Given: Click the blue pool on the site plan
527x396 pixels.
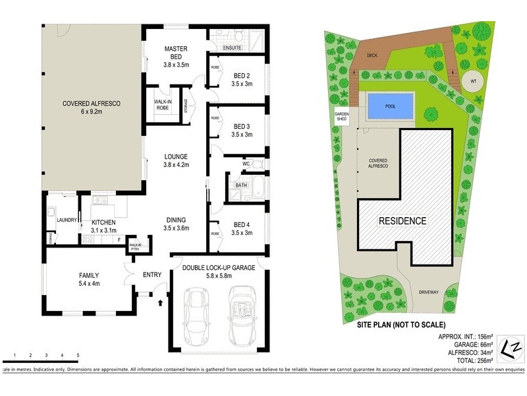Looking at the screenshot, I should pos(391,106).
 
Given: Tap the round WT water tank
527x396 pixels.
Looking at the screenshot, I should pos(472,81).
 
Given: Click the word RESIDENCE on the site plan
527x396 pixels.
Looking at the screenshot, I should pos(402,220).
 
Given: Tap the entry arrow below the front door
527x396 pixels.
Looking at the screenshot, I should pos(161,303).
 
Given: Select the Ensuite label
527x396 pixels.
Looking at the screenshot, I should pos(233,48).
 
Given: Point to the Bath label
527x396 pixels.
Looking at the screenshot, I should pos(241,185).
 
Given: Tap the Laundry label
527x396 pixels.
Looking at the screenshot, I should pos(68,220).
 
